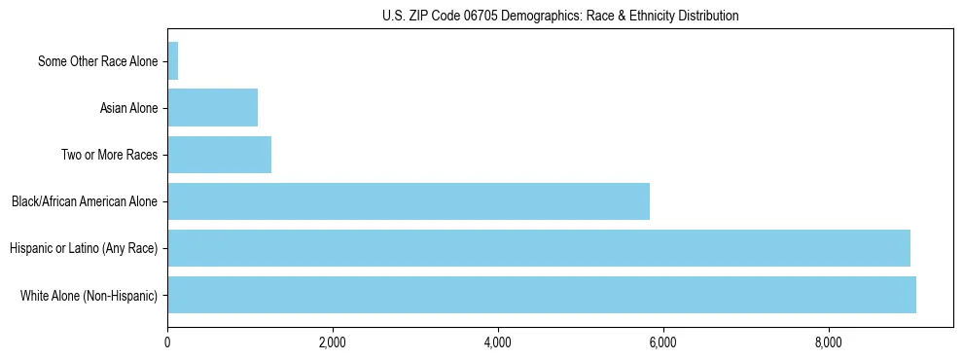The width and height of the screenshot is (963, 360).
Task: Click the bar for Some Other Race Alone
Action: click(173, 61)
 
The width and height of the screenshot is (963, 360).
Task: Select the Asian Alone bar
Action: click(212, 108)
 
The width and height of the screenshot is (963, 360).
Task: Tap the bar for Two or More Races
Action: click(219, 155)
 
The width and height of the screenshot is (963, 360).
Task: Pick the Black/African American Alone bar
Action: click(409, 201)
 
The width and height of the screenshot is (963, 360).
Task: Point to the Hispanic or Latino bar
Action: click(539, 248)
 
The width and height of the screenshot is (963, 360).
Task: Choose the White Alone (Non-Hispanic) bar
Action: click(542, 295)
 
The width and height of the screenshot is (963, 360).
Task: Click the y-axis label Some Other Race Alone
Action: click(97, 62)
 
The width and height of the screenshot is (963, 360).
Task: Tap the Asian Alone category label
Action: click(128, 109)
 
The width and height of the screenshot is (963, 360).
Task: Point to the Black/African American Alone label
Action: click(85, 202)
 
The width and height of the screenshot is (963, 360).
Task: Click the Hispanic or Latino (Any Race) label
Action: click(84, 249)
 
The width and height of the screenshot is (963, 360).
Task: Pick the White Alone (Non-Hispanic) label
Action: click(89, 296)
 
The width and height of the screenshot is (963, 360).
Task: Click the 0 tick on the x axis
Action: click(167, 342)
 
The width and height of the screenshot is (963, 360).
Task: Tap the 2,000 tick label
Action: click(333, 342)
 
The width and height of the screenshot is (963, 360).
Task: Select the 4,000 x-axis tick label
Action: click(498, 342)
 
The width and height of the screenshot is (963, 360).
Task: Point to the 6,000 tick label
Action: click(663, 342)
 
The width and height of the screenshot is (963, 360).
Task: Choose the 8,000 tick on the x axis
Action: click(829, 342)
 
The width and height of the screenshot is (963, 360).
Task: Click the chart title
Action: click(559, 16)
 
